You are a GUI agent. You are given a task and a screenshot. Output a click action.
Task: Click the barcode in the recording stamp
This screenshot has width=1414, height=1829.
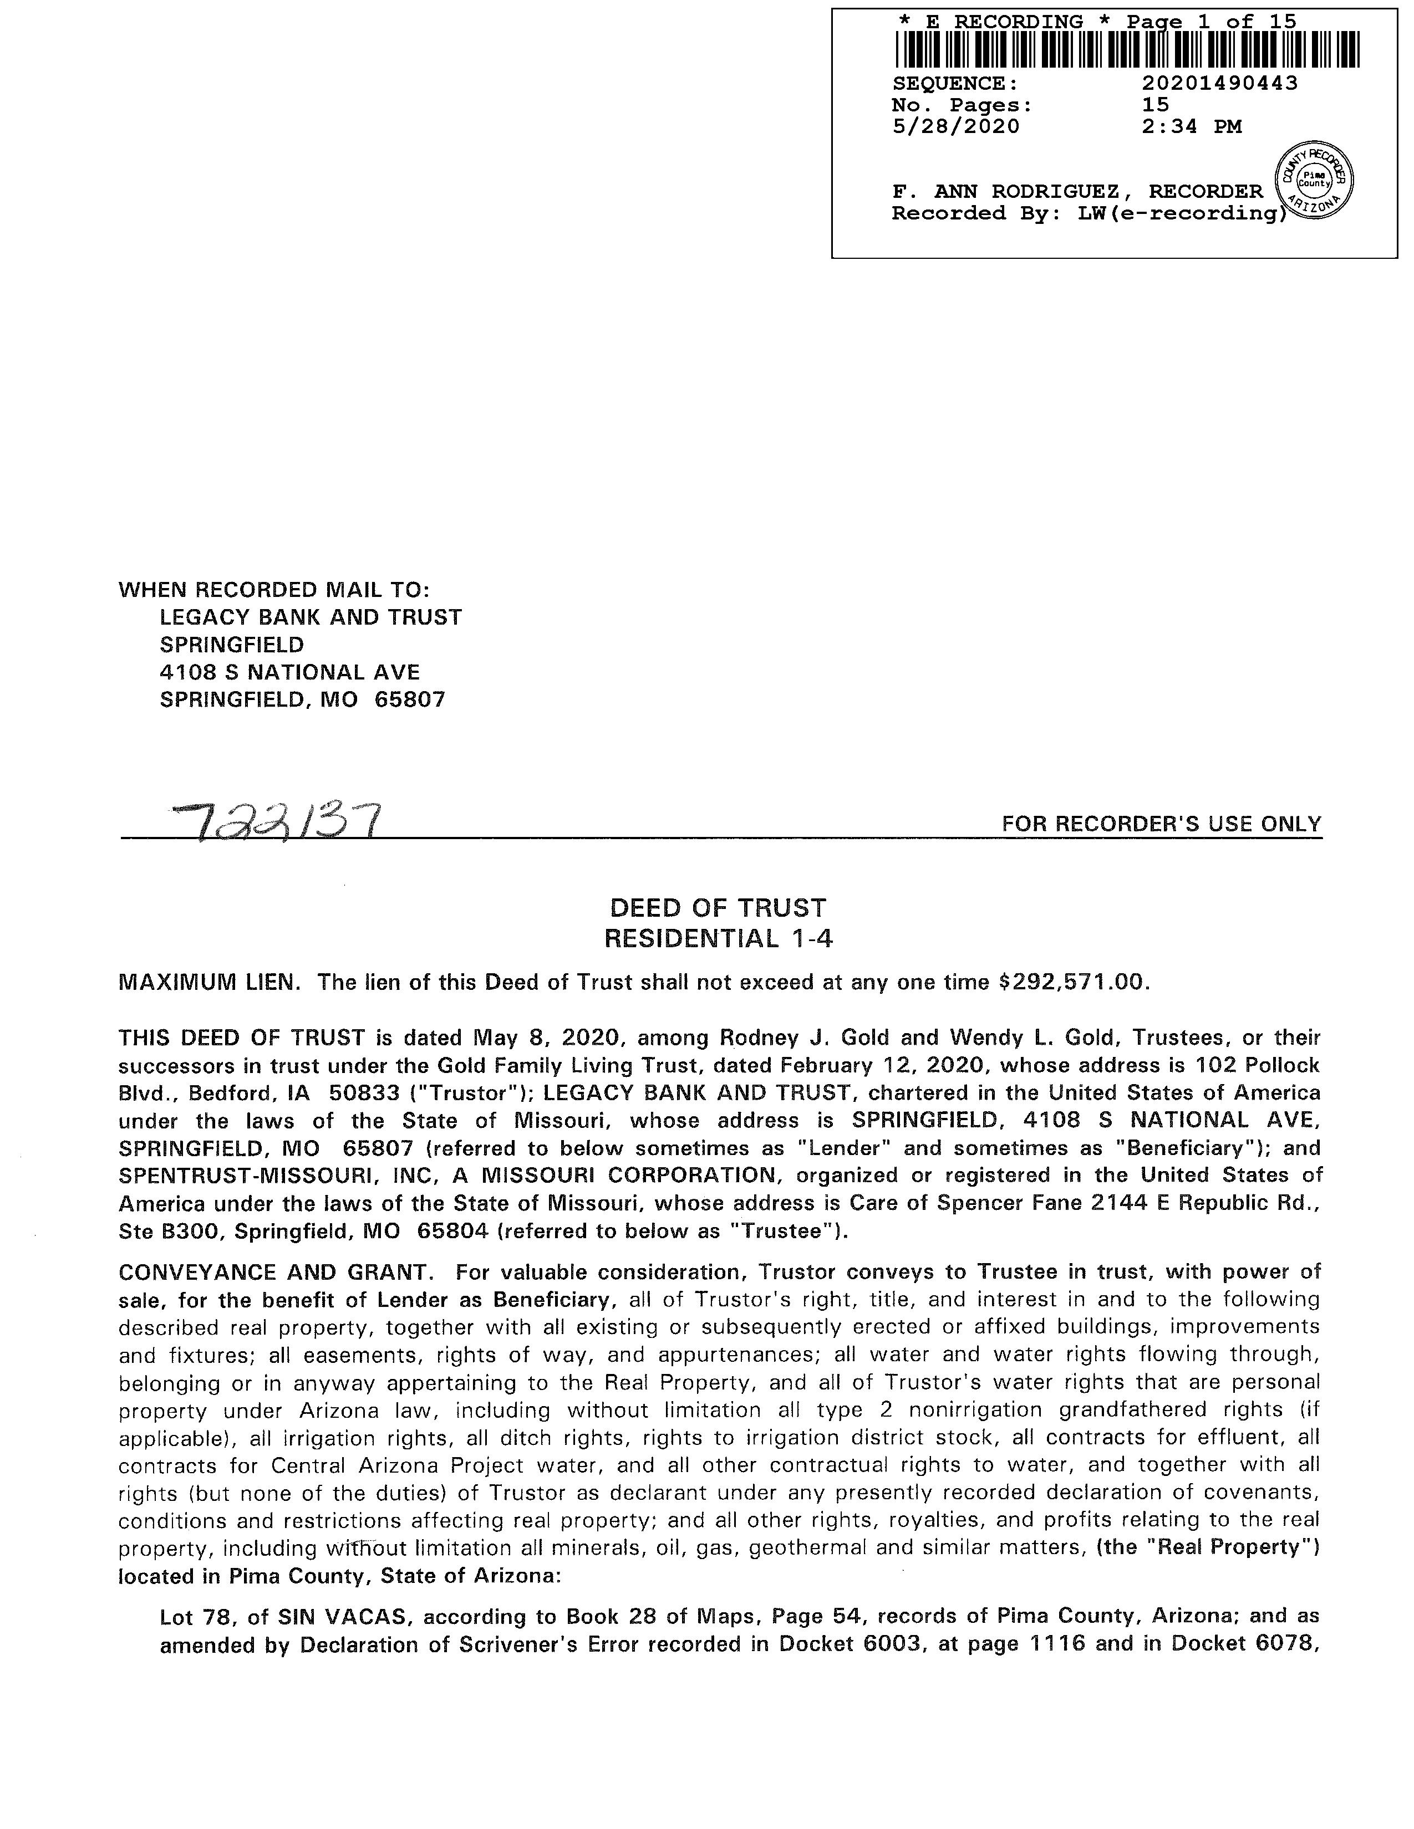tap(1127, 50)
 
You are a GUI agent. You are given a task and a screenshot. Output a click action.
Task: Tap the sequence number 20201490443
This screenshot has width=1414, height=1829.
tap(1220, 83)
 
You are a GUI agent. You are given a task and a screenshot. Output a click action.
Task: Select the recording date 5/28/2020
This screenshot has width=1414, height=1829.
tap(956, 126)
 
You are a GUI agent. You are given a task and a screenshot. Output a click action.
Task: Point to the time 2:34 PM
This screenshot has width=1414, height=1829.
tap(1191, 126)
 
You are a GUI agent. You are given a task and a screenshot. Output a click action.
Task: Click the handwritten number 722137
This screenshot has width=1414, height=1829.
tap(277, 821)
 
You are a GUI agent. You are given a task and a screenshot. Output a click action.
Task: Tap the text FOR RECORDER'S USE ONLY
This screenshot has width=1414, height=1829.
tap(1161, 824)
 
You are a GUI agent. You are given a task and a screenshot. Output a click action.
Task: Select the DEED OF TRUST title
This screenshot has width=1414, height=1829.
tap(718, 908)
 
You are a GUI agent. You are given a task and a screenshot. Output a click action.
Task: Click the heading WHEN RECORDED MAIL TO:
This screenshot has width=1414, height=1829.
tap(274, 590)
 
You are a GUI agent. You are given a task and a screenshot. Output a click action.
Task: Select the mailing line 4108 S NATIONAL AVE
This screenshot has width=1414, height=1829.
tap(290, 672)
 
